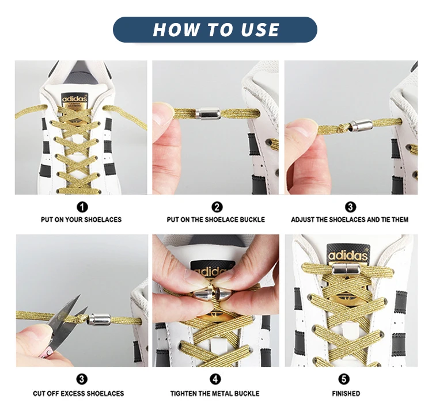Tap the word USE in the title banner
(x=260, y=29)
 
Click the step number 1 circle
(x=82, y=207)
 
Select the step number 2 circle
(x=217, y=207)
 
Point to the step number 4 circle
(x=215, y=379)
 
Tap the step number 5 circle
(x=343, y=379)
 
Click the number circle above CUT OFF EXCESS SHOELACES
(x=82, y=379)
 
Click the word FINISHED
(x=346, y=394)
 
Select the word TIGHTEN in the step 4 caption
(x=183, y=394)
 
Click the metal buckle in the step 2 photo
(x=208, y=113)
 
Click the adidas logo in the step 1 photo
(x=74, y=98)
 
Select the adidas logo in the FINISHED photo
(x=348, y=255)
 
